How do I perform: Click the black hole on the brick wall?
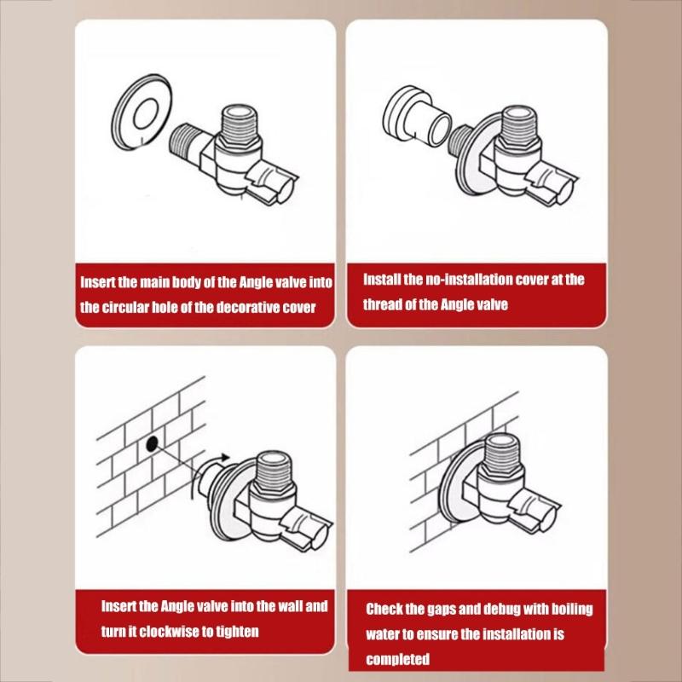(151, 442)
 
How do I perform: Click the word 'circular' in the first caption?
(126, 308)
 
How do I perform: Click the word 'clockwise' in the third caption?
(160, 632)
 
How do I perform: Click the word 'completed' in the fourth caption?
(397, 659)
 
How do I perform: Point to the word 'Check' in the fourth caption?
(384, 609)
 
